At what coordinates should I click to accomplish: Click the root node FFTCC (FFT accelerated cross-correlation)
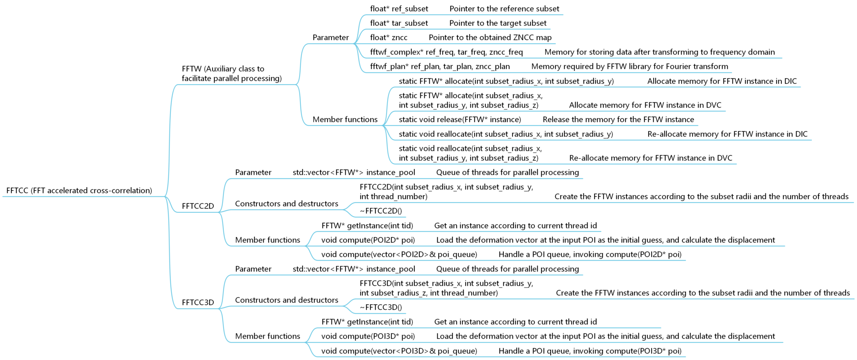click(79, 190)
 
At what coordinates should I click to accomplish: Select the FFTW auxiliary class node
click(231, 74)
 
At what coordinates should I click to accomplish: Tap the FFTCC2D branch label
click(198, 206)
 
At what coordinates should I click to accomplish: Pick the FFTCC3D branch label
click(198, 302)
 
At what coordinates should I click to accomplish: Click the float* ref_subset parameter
click(399, 9)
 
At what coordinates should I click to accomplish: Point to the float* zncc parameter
click(388, 38)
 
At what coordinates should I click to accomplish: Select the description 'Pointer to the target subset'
click(498, 23)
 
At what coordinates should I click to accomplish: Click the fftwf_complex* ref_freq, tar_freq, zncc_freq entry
click(446, 52)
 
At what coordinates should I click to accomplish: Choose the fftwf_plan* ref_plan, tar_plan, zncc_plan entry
click(440, 67)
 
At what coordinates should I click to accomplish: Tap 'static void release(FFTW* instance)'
click(460, 120)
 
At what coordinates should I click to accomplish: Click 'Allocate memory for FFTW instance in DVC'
click(645, 105)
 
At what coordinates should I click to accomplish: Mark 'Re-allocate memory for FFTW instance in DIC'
click(727, 134)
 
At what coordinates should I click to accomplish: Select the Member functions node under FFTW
click(345, 120)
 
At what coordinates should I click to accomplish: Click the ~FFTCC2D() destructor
click(381, 211)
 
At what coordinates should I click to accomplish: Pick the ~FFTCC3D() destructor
click(381, 307)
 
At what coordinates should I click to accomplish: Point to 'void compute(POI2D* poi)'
click(368, 240)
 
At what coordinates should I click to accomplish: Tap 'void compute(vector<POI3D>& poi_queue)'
click(399, 351)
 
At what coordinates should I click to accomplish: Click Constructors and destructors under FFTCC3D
click(286, 300)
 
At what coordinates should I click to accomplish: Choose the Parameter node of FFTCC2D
click(253, 172)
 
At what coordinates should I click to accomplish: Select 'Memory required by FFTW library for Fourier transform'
click(629, 67)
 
